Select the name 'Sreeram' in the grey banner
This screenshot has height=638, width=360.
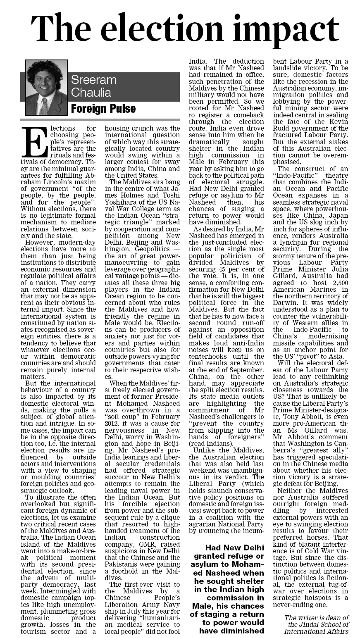[94, 80]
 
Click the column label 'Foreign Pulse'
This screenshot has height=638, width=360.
[103, 109]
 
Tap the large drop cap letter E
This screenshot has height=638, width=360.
[34, 143]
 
